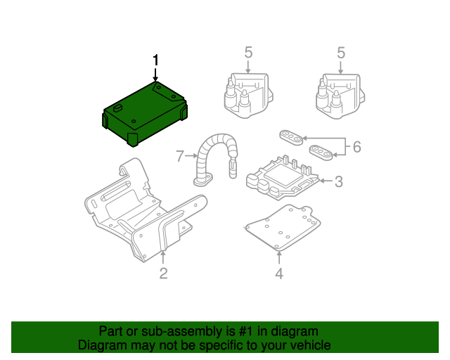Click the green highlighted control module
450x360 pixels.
tap(144, 112)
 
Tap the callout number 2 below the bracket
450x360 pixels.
tap(163, 274)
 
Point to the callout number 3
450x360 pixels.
tap(338, 182)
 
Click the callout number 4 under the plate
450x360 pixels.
tap(279, 274)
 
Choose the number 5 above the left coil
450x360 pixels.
tap(248, 53)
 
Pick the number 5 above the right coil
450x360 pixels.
tap(341, 53)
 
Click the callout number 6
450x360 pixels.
tap(356, 147)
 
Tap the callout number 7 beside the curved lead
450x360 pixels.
tap(180, 155)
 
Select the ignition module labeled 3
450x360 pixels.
tap(281, 176)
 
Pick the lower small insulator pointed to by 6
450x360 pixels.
tap(321, 152)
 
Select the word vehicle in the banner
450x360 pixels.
tap(309, 345)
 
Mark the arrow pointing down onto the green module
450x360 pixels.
tap(155, 75)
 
